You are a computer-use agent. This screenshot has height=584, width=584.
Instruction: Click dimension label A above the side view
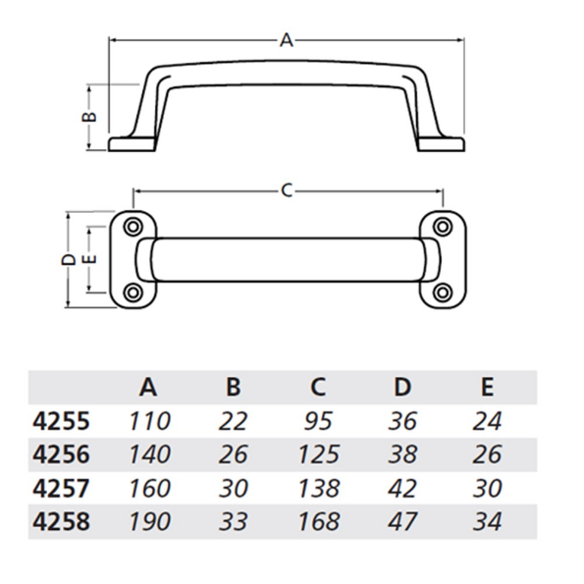click(287, 40)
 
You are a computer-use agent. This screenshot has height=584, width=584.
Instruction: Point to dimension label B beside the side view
click(86, 117)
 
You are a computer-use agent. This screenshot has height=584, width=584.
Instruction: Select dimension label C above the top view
click(287, 190)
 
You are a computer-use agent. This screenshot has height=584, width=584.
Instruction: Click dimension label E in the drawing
click(88, 259)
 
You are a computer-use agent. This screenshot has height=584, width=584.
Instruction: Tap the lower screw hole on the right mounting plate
click(443, 292)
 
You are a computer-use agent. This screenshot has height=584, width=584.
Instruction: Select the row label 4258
click(60, 521)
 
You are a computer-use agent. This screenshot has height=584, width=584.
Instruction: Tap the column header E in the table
click(486, 387)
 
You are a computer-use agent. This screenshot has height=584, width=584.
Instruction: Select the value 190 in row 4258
click(149, 521)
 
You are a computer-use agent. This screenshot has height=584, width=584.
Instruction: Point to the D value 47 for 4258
click(402, 521)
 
